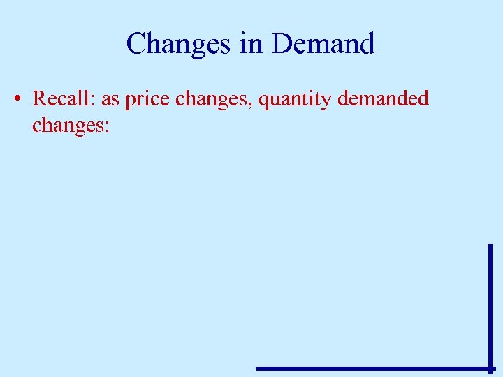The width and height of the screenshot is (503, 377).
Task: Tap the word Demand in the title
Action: (x=323, y=44)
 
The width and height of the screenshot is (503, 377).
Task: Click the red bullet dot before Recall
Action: (x=16, y=99)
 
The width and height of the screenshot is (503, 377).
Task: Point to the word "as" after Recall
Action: (x=110, y=100)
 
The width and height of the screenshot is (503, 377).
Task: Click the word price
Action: (x=148, y=100)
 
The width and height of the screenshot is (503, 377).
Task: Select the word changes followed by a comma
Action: (x=213, y=100)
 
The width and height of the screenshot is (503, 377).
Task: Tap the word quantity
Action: (x=295, y=100)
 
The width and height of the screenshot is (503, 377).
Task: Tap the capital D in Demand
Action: (x=282, y=44)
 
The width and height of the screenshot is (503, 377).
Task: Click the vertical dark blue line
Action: (x=490, y=300)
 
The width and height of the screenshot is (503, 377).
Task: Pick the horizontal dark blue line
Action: (x=370, y=368)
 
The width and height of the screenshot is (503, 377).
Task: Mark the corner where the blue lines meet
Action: (x=490, y=368)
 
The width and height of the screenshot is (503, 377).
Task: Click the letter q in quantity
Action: (x=264, y=102)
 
